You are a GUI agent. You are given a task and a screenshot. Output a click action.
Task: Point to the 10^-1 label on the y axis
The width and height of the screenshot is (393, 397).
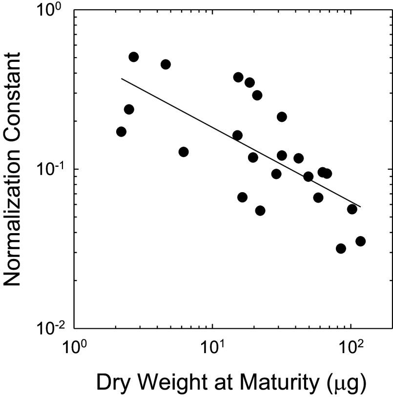point(49,169)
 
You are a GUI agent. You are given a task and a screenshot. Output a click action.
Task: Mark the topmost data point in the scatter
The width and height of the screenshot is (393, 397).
point(133,57)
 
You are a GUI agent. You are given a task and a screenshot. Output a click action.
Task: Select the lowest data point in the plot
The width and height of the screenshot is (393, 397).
point(341,249)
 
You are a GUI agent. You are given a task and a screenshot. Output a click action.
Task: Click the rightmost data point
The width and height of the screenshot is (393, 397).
point(360,241)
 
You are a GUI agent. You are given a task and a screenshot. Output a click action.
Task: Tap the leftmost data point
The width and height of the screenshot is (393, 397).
point(121,132)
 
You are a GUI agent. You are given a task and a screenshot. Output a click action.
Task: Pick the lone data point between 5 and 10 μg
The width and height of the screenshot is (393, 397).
point(184,152)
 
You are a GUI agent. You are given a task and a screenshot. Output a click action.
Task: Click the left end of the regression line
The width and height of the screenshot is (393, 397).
point(122,79)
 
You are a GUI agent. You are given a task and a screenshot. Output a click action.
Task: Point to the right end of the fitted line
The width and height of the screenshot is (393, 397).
point(360,207)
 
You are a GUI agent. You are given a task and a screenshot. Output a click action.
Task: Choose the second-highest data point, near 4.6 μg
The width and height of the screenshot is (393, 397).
point(165,64)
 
